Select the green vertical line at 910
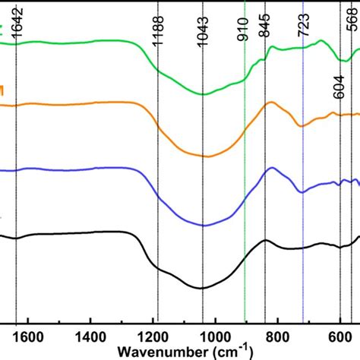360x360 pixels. click(244, 190)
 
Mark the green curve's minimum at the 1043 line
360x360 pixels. click(203, 94)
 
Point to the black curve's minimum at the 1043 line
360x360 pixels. click(203, 288)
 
